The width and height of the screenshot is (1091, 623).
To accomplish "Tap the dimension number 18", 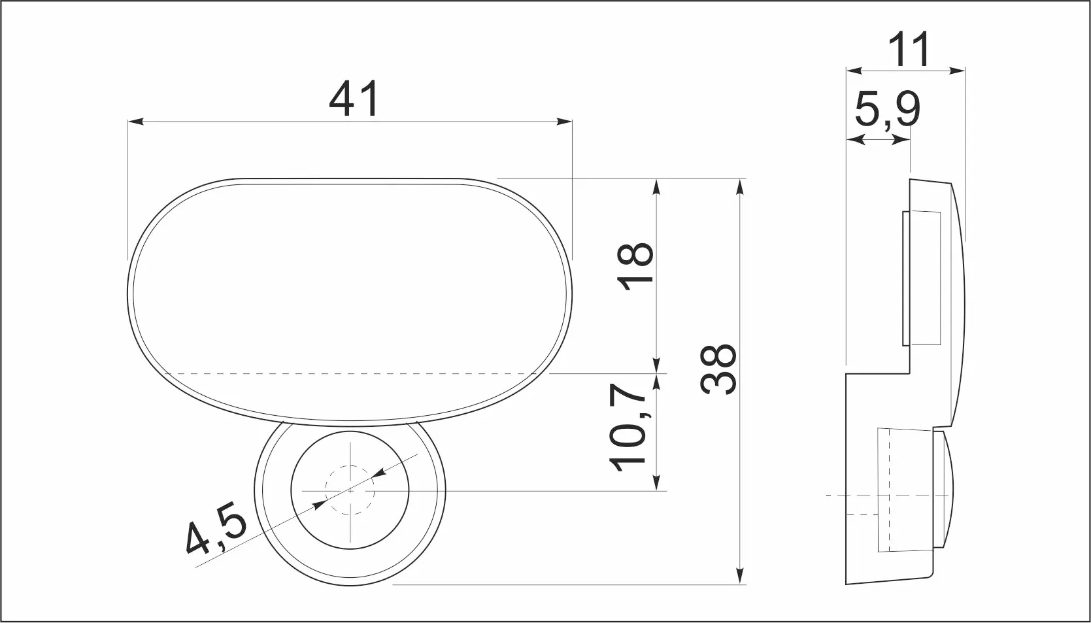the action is [635, 266].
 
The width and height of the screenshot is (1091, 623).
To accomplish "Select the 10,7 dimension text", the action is [628, 428].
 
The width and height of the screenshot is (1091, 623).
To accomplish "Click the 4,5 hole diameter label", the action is [217, 528].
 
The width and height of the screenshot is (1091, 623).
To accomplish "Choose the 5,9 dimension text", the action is [888, 110].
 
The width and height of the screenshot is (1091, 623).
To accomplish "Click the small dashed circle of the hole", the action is [350, 490].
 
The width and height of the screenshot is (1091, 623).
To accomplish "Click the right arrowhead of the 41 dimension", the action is [564, 122].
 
